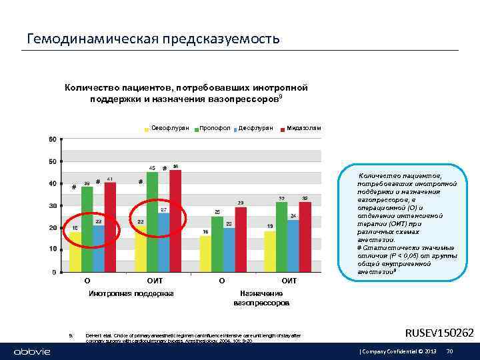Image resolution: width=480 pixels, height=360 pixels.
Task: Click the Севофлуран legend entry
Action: [167, 127]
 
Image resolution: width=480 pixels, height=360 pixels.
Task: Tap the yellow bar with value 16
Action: [205, 253]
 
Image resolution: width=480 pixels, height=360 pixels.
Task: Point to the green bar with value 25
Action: [217, 243]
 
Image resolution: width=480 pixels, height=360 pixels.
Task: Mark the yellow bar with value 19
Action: [270, 251]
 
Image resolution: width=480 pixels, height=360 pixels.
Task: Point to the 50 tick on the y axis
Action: [53, 161]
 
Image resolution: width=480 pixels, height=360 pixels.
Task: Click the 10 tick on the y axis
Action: [53, 249]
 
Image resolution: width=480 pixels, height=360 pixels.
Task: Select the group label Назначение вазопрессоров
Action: [261, 298]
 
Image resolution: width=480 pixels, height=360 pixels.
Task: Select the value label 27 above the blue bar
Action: [163, 209]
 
